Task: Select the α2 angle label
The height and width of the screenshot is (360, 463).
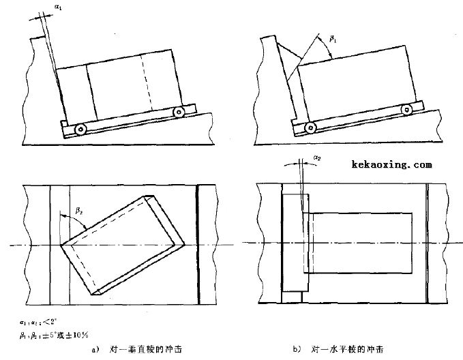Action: (x=316, y=158)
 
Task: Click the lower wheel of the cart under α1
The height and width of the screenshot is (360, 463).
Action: (x=80, y=128)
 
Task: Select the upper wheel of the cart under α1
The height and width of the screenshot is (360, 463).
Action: (x=179, y=111)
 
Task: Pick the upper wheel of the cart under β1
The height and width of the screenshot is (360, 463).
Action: (x=407, y=109)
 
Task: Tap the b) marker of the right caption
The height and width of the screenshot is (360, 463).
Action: (x=298, y=349)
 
